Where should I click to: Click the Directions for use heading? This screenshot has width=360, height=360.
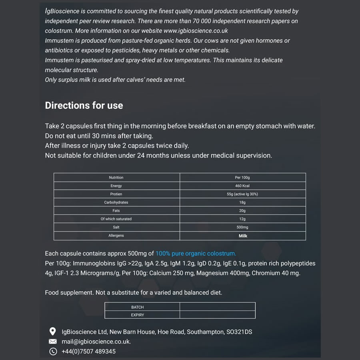[x=84, y=106]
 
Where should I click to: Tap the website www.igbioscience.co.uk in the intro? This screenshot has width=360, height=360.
[x=196, y=30]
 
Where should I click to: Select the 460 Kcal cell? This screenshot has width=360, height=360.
[x=242, y=186]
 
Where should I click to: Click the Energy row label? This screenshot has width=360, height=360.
[x=116, y=186]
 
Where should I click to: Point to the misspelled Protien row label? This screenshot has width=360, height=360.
[x=116, y=194]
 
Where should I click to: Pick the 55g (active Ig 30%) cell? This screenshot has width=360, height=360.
[x=242, y=194]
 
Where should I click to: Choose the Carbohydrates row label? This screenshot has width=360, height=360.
[x=116, y=202]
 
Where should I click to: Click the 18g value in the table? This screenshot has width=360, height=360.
[x=242, y=202]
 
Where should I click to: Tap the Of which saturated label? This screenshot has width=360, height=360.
[x=116, y=219]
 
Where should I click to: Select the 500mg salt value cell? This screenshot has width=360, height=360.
[x=242, y=227]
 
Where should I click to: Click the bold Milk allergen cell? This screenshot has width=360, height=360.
[x=243, y=236]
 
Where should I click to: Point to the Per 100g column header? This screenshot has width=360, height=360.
[x=242, y=178]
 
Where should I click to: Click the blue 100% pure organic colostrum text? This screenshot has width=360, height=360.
[x=196, y=253]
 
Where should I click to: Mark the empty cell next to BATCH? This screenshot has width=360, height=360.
[x=217, y=307]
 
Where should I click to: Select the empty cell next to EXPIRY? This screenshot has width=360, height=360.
[x=217, y=315]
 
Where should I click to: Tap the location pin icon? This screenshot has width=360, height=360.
[x=52, y=332]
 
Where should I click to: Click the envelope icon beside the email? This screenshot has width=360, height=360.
[x=52, y=342]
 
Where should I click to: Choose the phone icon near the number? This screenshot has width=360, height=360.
[x=52, y=352]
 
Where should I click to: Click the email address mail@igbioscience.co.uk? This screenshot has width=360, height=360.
[x=96, y=342]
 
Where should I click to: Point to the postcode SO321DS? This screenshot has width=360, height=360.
[x=239, y=332]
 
